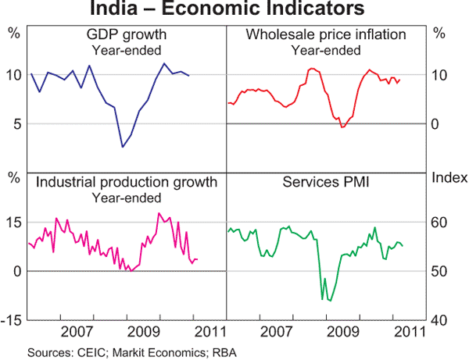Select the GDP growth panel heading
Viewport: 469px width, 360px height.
[127, 36]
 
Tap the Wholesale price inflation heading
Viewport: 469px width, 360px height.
[326, 36]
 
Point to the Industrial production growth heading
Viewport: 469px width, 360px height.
[127, 184]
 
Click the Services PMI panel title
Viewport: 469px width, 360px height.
[326, 184]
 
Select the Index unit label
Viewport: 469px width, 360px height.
[448, 177]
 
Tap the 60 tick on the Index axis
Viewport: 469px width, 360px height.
[440, 223]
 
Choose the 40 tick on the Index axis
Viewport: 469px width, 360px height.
[440, 320]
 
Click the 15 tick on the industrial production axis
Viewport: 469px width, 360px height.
[13, 223]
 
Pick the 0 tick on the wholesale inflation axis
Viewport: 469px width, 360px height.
[440, 124]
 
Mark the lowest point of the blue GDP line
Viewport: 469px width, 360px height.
[123, 147]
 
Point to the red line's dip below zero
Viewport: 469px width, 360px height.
[342, 127]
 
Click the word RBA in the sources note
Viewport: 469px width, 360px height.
[224, 353]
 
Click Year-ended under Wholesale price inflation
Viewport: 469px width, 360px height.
[326, 51]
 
